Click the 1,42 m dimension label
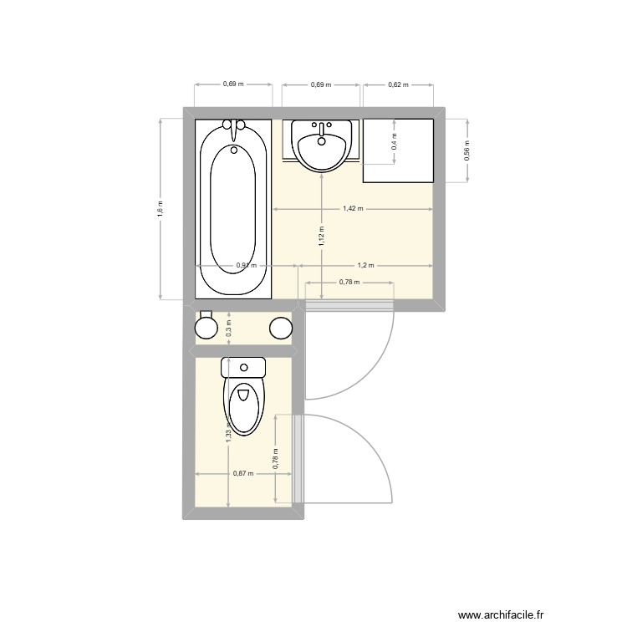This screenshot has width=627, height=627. pos(353,209)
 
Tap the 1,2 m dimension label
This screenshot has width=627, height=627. pos(365,265)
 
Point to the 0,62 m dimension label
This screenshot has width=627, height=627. pos(398,84)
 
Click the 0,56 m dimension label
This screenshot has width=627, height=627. pos(467,149)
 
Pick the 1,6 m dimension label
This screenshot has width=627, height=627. pos(160,209)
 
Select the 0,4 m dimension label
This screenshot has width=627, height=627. pos(395,143)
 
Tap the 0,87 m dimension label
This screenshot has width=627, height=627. pos(243,474)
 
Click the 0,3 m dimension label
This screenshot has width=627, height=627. pos(228,329)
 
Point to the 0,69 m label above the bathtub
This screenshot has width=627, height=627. pos(233,84)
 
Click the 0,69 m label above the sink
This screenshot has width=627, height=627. pos(321,84)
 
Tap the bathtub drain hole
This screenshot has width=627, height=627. pos(234,150)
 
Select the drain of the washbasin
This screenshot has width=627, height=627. pos(321,140)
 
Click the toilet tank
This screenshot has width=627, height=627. pos(243,366)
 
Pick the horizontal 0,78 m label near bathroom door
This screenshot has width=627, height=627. pos(349,282)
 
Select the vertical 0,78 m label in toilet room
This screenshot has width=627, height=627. pos(275,456)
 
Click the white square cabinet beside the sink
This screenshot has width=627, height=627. pos(398,150)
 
